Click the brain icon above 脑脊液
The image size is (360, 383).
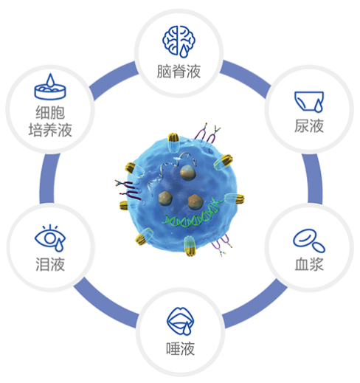[x=179, y=41]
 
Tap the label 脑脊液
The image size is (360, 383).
[x=179, y=72]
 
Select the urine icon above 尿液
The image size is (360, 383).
[x=309, y=102]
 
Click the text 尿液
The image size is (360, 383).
[x=309, y=126]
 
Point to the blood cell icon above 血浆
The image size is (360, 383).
[x=309, y=241]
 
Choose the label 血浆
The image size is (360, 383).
[x=309, y=264]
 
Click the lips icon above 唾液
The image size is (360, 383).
[x=180, y=321]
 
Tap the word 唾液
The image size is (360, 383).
[x=181, y=348]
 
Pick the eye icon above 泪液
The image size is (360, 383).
[x=50, y=238]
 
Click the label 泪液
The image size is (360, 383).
[x=50, y=264]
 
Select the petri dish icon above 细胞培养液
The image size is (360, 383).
[x=50, y=86]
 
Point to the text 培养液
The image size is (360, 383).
[x=50, y=130]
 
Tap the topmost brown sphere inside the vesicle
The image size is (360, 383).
[x=187, y=173]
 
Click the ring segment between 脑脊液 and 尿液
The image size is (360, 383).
[x=246, y=76]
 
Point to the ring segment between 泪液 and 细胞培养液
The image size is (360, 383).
[x=47, y=179]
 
